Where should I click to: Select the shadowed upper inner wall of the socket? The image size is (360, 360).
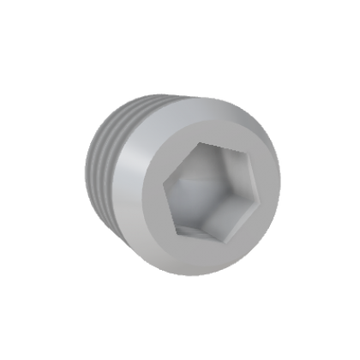219,159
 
